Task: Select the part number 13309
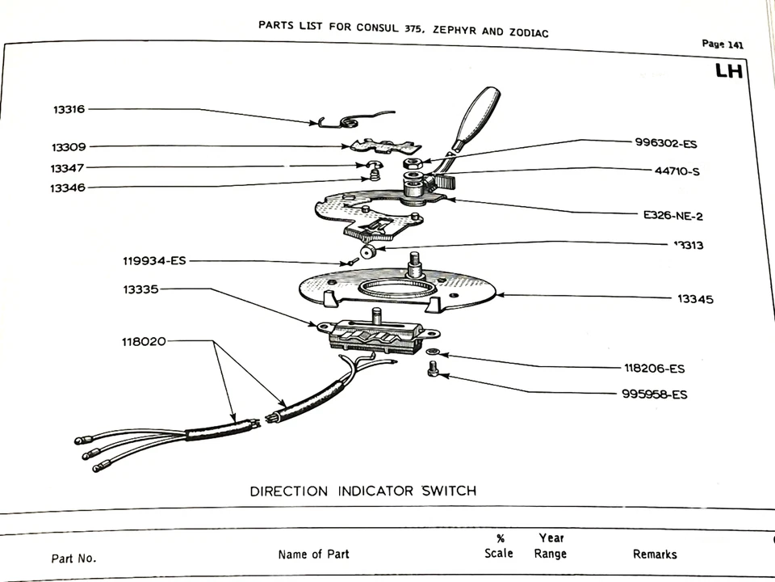click(x=69, y=147)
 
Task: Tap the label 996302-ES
click(x=665, y=144)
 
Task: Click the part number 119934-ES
click(x=154, y=260)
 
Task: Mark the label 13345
click(x=695, y=299)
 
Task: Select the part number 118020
click(x=144, y=341)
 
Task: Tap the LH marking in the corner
click(x=729, y=72)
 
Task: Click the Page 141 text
click(x=723, y=45)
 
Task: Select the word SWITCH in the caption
click(x=442, y=491)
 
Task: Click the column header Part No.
click(x=73, y=558)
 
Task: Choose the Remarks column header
click(x=655, y=555)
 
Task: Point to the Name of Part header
click(x=313, y=555)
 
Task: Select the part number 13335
click(x=140, y=289)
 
